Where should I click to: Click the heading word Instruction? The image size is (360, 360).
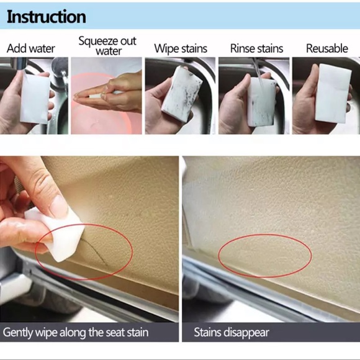tap(47, 16)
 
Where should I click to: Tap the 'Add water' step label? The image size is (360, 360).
tap(31, 48)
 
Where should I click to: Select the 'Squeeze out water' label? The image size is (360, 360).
tap(107, 46)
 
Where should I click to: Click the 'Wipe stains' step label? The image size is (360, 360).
tap(181, 48)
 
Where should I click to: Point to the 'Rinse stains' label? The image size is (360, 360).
tap(256, 48)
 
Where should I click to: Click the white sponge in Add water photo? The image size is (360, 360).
tap(34, 98)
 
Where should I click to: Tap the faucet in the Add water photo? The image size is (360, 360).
tap(59, 78)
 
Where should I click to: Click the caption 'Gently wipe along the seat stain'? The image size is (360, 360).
tap(76, 332)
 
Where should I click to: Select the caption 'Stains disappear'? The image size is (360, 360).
tap(232, 332)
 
